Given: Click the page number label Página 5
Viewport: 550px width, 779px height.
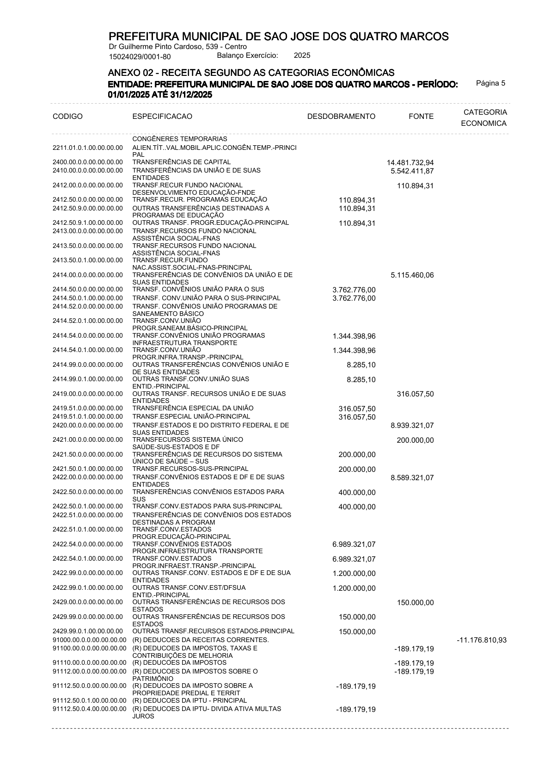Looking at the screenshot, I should tap(490, 83).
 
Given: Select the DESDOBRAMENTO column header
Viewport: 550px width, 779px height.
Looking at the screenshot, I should tap(341, 117).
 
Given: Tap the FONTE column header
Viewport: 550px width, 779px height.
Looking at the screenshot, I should tap(421, 117).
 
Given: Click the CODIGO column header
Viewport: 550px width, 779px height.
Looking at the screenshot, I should tap(68, 117).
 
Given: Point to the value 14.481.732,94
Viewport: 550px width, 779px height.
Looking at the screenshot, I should tap(410, 162).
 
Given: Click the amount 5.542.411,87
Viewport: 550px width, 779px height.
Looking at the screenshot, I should tap(412, 171).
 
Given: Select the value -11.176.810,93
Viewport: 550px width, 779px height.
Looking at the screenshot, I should tap(481, 641).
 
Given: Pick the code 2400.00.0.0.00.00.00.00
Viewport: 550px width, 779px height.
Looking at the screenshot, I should tap(88, 162).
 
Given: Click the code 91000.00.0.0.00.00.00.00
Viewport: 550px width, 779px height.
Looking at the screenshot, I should tap(89, 640).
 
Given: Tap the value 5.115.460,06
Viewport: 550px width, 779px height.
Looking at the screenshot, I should tap(412, 275).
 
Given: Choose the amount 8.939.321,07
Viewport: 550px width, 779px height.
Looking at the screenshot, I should tap(412, 426).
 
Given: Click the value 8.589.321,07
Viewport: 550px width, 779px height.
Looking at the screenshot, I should tap(412, 478).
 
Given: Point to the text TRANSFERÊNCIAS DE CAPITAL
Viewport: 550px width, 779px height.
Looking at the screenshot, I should tap(181, 162).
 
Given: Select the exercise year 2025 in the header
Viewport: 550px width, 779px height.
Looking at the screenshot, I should tap(302, 56).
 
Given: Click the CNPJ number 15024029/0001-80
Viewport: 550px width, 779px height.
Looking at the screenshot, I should tap(140, 57).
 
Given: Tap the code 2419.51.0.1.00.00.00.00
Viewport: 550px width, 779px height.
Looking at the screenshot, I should tap(88, 417).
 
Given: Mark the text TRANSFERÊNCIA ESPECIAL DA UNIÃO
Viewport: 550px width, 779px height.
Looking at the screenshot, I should tap(193, 408).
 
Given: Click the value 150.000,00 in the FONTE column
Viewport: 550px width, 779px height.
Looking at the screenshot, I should tap(415, 603).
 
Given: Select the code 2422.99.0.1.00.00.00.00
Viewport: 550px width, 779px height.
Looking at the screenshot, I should tap(88, 588).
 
